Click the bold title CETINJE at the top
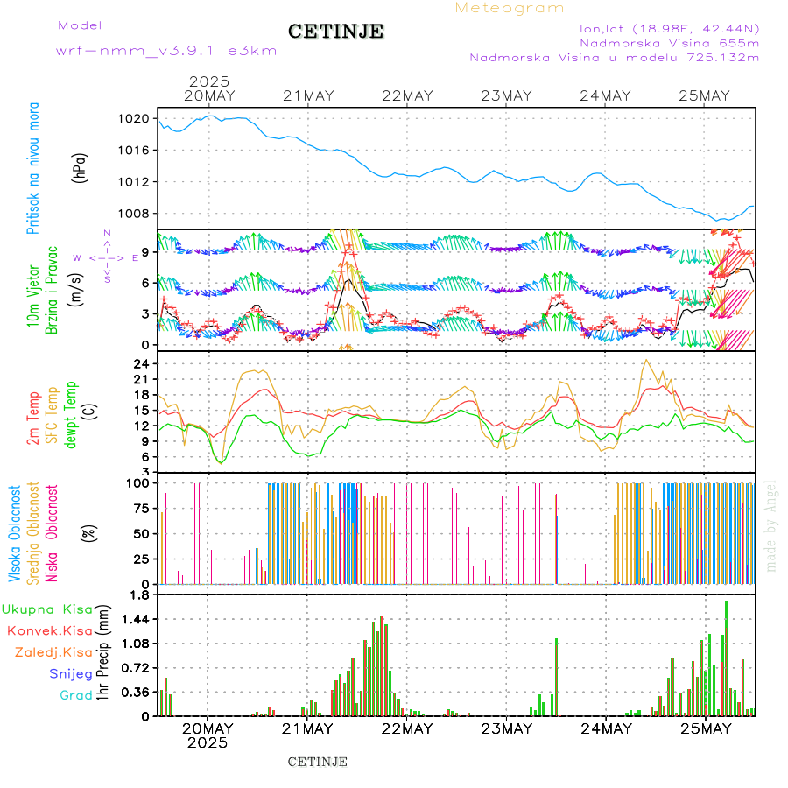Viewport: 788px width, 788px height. pyautogui.click(x=335, y=32)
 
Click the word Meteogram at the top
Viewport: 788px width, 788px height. pyautogui.click(x=510, y=8)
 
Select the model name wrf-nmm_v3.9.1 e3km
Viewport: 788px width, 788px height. pyautogui.click(x=166, y=51)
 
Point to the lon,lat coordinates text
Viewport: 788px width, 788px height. pyautogui.click(x=670, y=28)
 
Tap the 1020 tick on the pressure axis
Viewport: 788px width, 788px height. pyautogui.click(x=140, y=118)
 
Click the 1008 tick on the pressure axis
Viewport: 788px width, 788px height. pyautogui.click(x=140, y=214)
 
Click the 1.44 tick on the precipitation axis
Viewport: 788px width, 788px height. pyautogui.click(x=138, y=619)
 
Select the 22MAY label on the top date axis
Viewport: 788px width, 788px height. pyautogui.click(x=407, y=96)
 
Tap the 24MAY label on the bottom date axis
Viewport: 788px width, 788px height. pyautogui.click(x=606, y=728)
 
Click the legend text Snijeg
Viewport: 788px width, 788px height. pyautogui.click(x=71, y=673)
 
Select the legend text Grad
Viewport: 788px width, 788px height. pyautogui.click(x=76, y=695)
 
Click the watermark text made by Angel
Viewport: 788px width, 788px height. pyautogui.click(x=771, y=525)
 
